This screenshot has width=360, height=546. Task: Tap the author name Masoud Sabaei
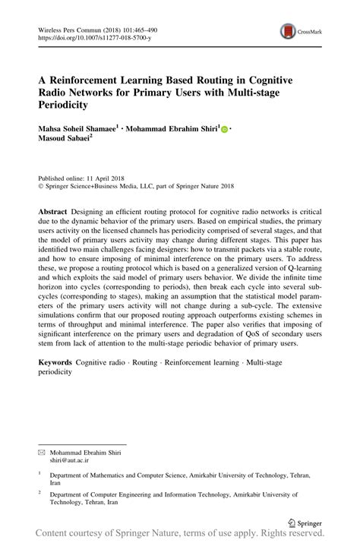pos(69,138)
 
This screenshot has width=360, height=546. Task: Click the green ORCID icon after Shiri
pos(224,130)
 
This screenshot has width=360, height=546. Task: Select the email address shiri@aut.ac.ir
pos(70,459)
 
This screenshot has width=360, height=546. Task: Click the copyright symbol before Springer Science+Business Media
pos(41,185)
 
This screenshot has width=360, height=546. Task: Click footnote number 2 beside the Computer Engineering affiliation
pos(40,492)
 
